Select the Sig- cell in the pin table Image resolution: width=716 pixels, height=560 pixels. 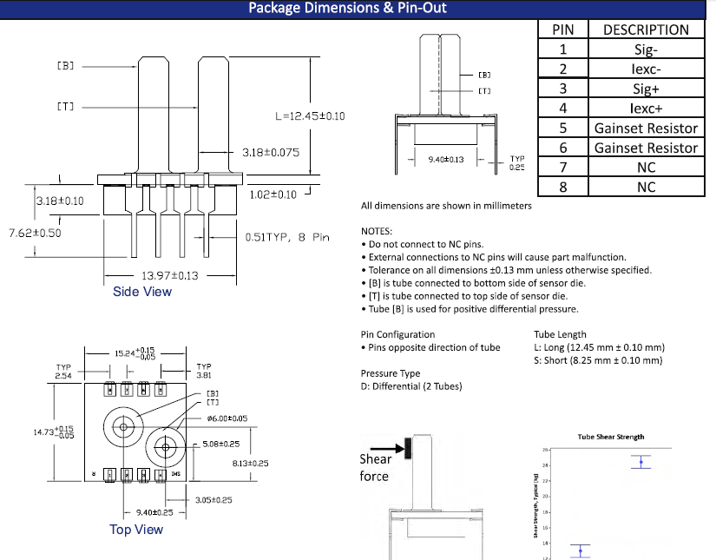[646, 49]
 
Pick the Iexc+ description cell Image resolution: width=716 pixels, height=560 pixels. [646, 109]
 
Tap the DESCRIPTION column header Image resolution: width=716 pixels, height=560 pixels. [646, 30]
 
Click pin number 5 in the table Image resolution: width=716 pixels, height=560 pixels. [562, 128]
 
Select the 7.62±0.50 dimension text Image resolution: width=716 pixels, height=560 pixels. [35, 234]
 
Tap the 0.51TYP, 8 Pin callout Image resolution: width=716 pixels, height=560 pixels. [287, 237]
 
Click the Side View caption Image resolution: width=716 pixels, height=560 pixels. [142, 292]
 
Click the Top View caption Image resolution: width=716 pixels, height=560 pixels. [136, 529]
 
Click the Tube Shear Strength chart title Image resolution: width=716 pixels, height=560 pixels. [611, 437]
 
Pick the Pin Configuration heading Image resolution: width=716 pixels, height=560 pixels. [397, 334]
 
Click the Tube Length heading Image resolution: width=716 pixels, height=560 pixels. [560, 334]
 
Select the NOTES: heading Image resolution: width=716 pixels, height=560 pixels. [377, 232]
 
